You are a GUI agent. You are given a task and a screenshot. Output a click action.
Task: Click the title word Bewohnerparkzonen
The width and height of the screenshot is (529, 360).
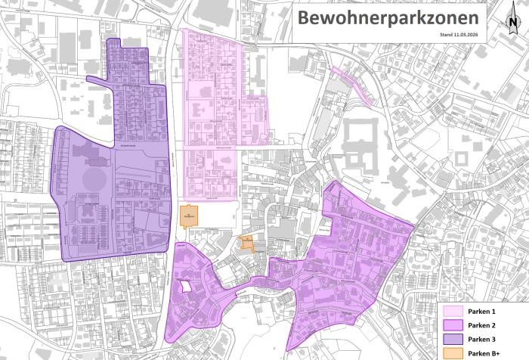(x=386, y=17)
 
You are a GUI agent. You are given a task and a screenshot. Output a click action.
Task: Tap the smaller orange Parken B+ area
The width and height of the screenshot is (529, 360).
(x=246, y=242)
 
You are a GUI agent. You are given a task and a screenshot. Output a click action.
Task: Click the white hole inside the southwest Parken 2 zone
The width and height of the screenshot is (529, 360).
(x=183, y=286)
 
